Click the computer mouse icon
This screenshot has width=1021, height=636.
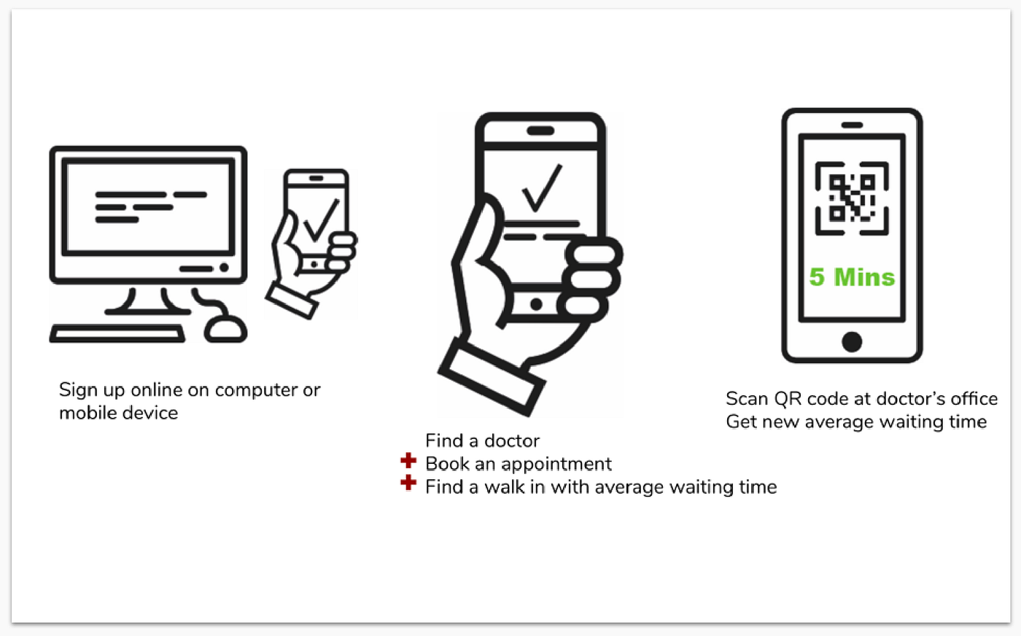225,327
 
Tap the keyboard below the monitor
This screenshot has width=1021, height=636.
117,335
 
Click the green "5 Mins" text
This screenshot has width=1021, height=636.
852,277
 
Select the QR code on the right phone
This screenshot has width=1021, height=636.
852,198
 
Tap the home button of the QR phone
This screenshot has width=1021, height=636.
852,341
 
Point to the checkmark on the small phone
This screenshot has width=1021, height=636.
320,220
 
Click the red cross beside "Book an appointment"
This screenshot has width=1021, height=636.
408,461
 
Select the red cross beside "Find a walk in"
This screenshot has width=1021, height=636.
408,483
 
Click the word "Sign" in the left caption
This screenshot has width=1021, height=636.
77,390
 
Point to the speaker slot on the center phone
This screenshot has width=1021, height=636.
540,131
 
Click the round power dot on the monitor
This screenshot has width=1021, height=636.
224,268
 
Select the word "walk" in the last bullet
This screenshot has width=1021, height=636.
504,487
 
